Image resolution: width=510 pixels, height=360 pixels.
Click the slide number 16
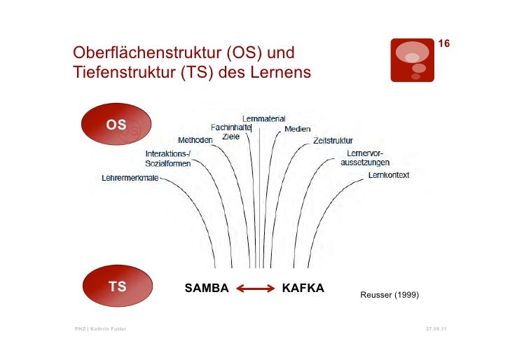click(x=443, y=45)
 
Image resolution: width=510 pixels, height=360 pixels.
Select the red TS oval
click(x=117, y=286)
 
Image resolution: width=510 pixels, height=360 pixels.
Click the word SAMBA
click(x=206, y=287)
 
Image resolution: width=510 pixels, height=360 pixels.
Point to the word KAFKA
click(x=303, y=287)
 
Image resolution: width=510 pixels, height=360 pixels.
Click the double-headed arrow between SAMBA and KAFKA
click(x=254, y=288)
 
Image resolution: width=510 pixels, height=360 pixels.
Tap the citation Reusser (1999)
click(x=390, y=296)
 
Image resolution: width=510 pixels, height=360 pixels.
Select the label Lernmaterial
click(x=263, y=118)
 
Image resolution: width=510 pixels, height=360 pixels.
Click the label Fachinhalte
click(x=231, y=127)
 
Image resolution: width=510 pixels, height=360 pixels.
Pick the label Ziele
click(x=230, y=137)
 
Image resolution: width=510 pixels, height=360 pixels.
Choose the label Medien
click(x=298, y=130)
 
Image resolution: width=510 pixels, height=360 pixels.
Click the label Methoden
click(x=195, y=139)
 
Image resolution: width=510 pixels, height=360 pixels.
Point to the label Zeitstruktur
click(x=333, y=140)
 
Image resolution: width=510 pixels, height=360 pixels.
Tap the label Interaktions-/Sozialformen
click(x=168, y=158)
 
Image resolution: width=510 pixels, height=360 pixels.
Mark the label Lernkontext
click(x=389, y=174)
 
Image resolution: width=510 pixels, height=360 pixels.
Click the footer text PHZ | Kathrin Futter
click(x=101, y=329)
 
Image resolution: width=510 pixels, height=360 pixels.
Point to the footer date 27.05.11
click(x=436, y=329)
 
